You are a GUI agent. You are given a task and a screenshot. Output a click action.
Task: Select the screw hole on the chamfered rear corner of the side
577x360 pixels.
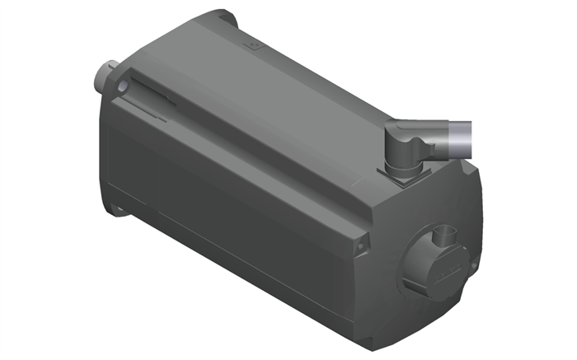tap(359, 245)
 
